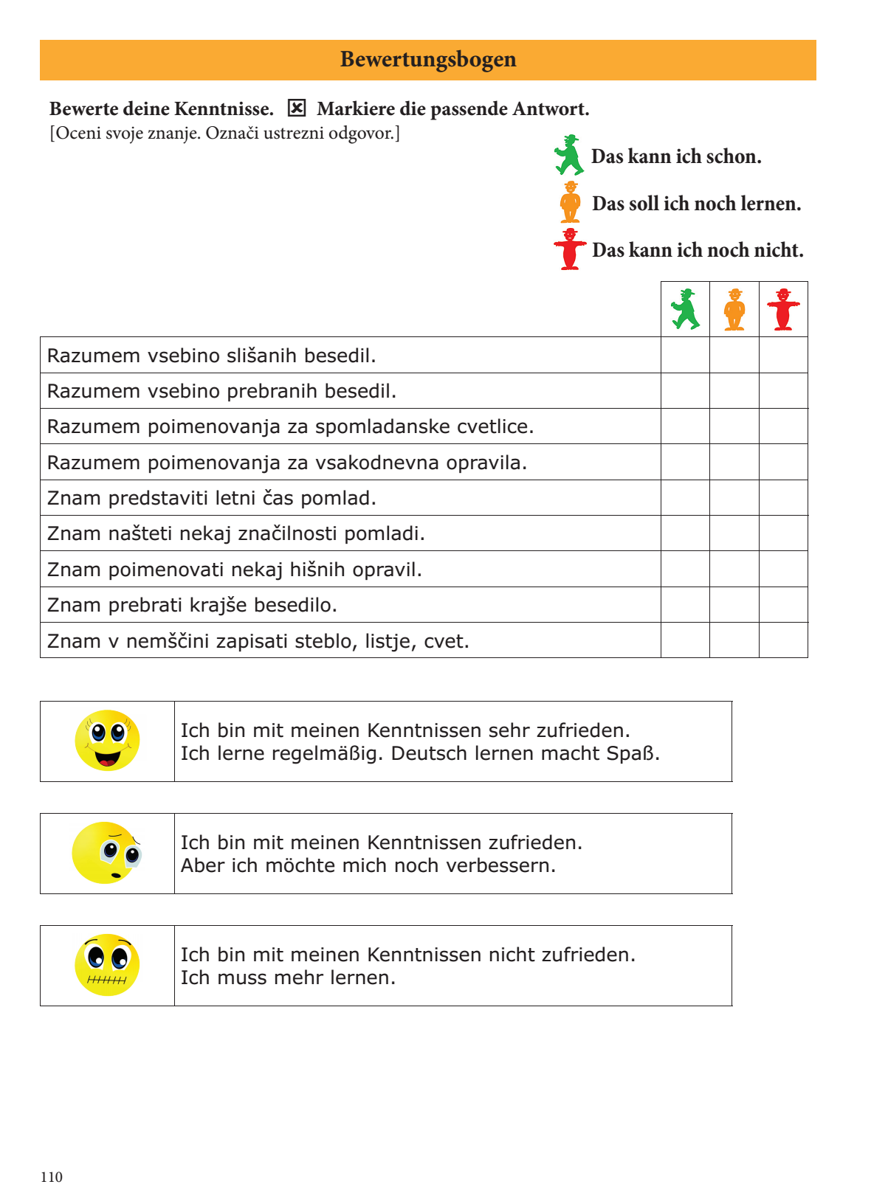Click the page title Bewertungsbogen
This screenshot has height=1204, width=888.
click(428, 59)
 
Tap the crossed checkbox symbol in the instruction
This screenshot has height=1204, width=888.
click(296, 108)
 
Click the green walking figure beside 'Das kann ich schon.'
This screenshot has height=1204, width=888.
click(569, 155)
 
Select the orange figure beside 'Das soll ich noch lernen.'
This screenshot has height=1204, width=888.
click(571, 202)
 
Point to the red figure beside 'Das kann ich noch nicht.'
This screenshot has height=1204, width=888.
click(570, 249)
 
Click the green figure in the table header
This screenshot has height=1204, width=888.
click(685, 309)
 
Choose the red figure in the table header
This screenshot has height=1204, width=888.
click(783, 309)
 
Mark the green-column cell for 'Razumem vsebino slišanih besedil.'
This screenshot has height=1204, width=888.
click(685, 355)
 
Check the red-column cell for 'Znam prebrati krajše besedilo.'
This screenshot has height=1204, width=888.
click(783, 605)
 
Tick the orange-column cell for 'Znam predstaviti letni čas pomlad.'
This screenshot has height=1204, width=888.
click(734, 498)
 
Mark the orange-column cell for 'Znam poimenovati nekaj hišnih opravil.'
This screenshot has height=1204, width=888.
click(734, 569)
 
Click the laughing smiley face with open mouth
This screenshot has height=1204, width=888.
click(108, 741)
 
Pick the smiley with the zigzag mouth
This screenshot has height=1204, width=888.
click(108, 965)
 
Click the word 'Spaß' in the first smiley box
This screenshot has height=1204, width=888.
click(632, 753)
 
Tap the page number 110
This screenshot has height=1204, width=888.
click(52, 1177)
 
